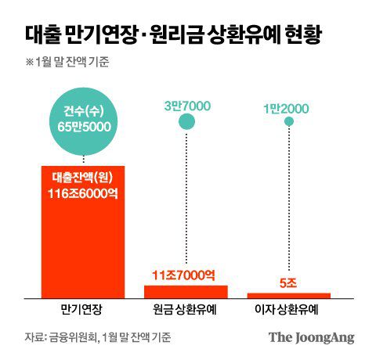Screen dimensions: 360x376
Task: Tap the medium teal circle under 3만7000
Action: pos(186,121)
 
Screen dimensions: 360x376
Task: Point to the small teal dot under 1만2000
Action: pos(289,121)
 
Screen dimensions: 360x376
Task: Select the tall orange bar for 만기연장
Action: pos(82,235)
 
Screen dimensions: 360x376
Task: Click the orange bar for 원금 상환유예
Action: pos(186,290)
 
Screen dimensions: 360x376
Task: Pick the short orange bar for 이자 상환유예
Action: pos(289,294)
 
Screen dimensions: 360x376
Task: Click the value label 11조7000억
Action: pos(186,275)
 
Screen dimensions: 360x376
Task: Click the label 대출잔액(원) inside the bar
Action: pos(82,178)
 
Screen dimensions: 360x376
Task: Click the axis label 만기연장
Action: pos(82,310)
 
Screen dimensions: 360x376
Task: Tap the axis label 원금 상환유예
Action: pos(186,310)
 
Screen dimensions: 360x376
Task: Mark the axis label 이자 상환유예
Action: pos(289,310)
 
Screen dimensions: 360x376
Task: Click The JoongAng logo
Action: pos(312,337)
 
